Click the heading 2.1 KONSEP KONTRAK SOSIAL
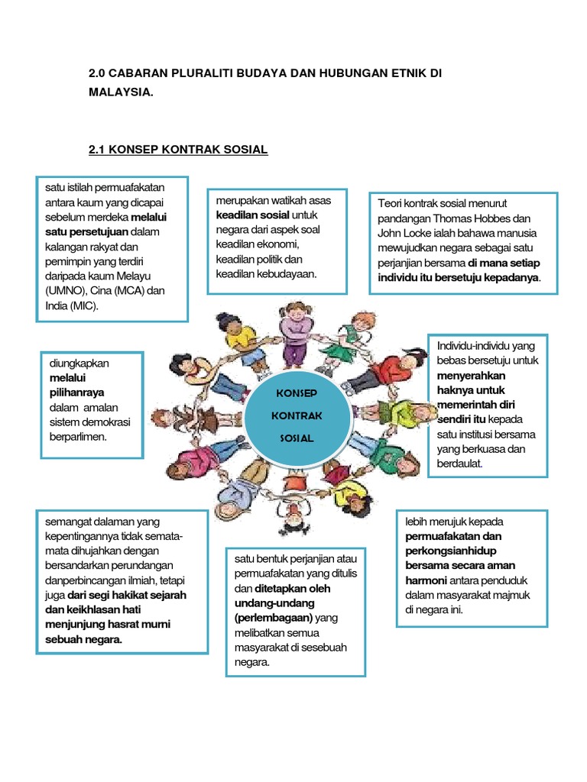click(178, 150)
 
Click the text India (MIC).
click(72, 305)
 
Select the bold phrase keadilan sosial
click(252, 215)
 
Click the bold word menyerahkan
click(471, 376)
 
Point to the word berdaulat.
click(460, 464)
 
